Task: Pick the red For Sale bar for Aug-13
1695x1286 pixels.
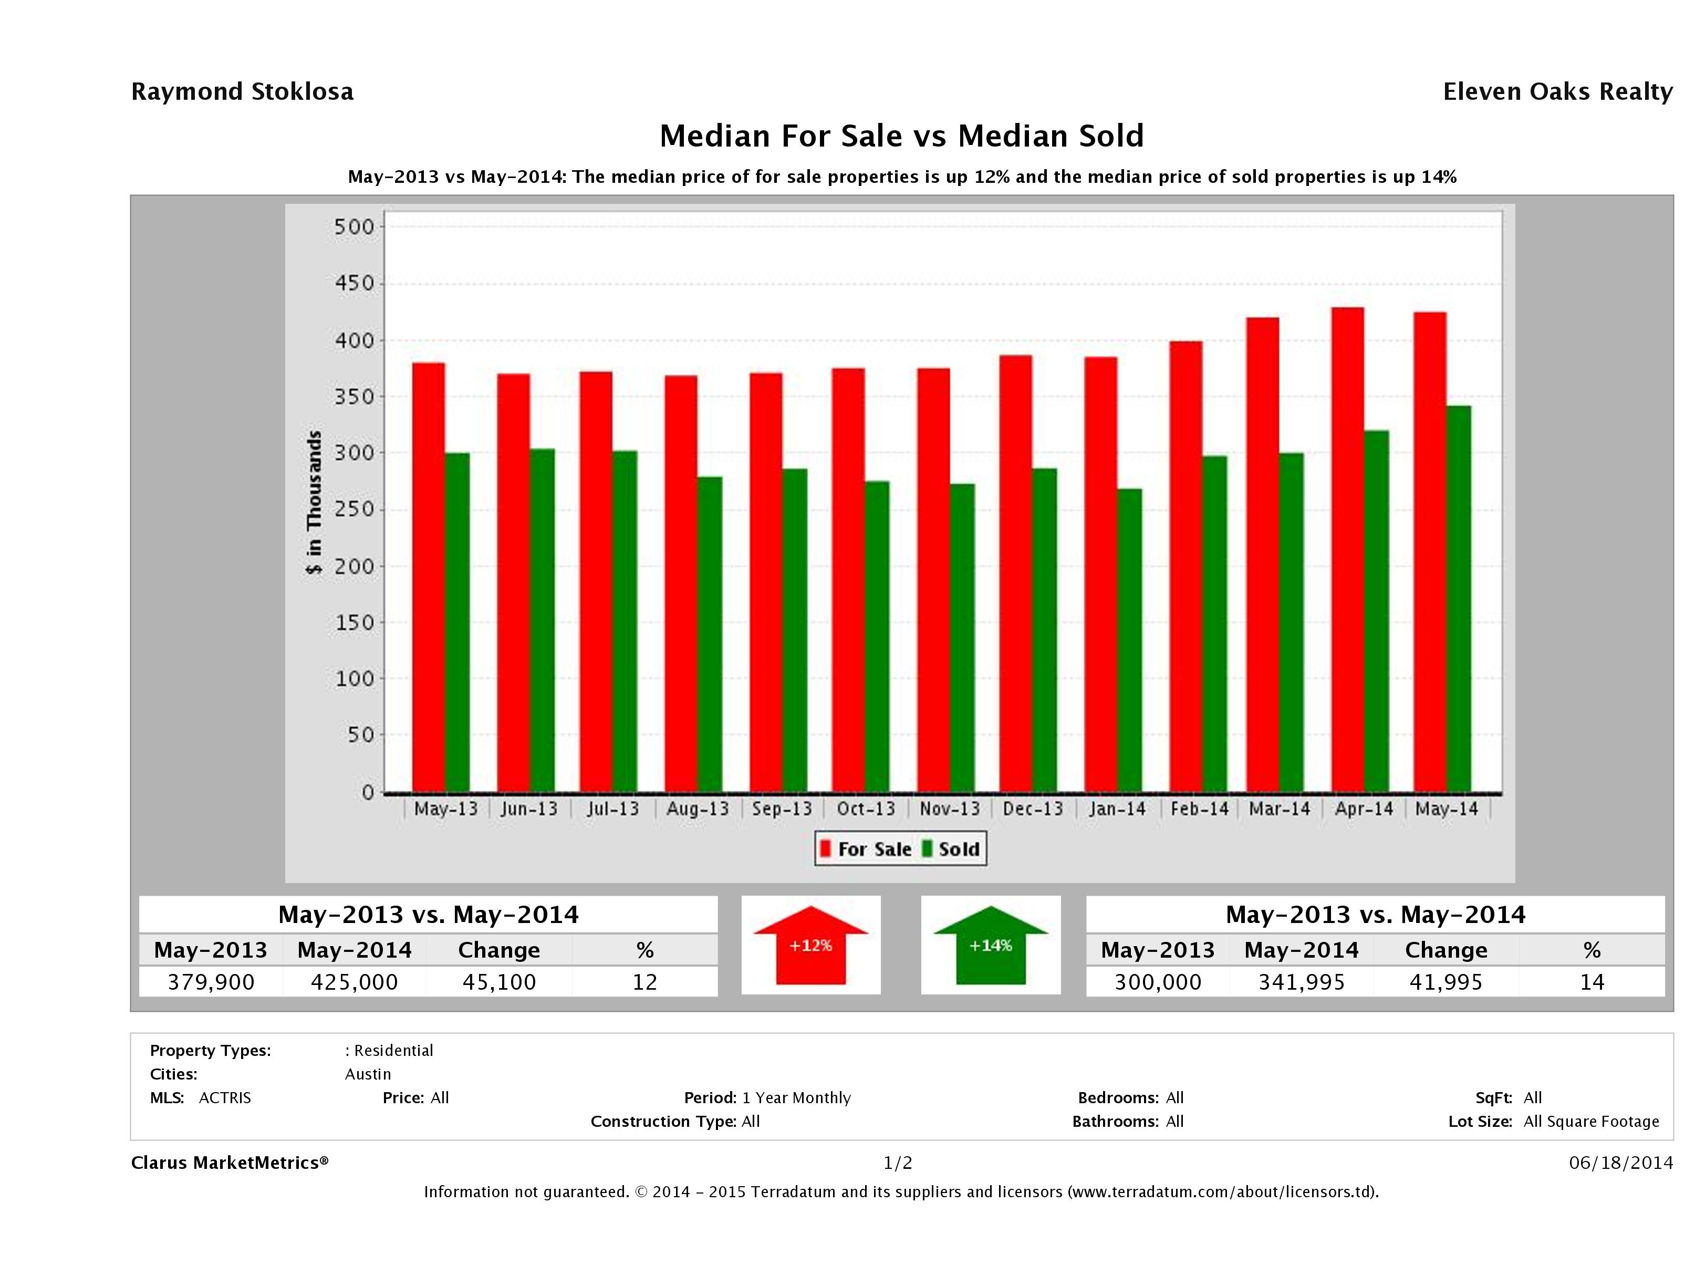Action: (680, 583)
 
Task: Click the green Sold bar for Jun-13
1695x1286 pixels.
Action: (542, 620)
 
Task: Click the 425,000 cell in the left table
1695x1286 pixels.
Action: (354, 982)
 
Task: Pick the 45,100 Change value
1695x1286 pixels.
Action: (499, 982)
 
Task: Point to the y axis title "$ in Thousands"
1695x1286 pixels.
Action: (314, 502)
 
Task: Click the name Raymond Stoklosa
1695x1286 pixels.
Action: (242, 91)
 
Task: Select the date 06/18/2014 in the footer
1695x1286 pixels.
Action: (1620, 1163)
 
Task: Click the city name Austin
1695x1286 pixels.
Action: (368, 1074)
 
